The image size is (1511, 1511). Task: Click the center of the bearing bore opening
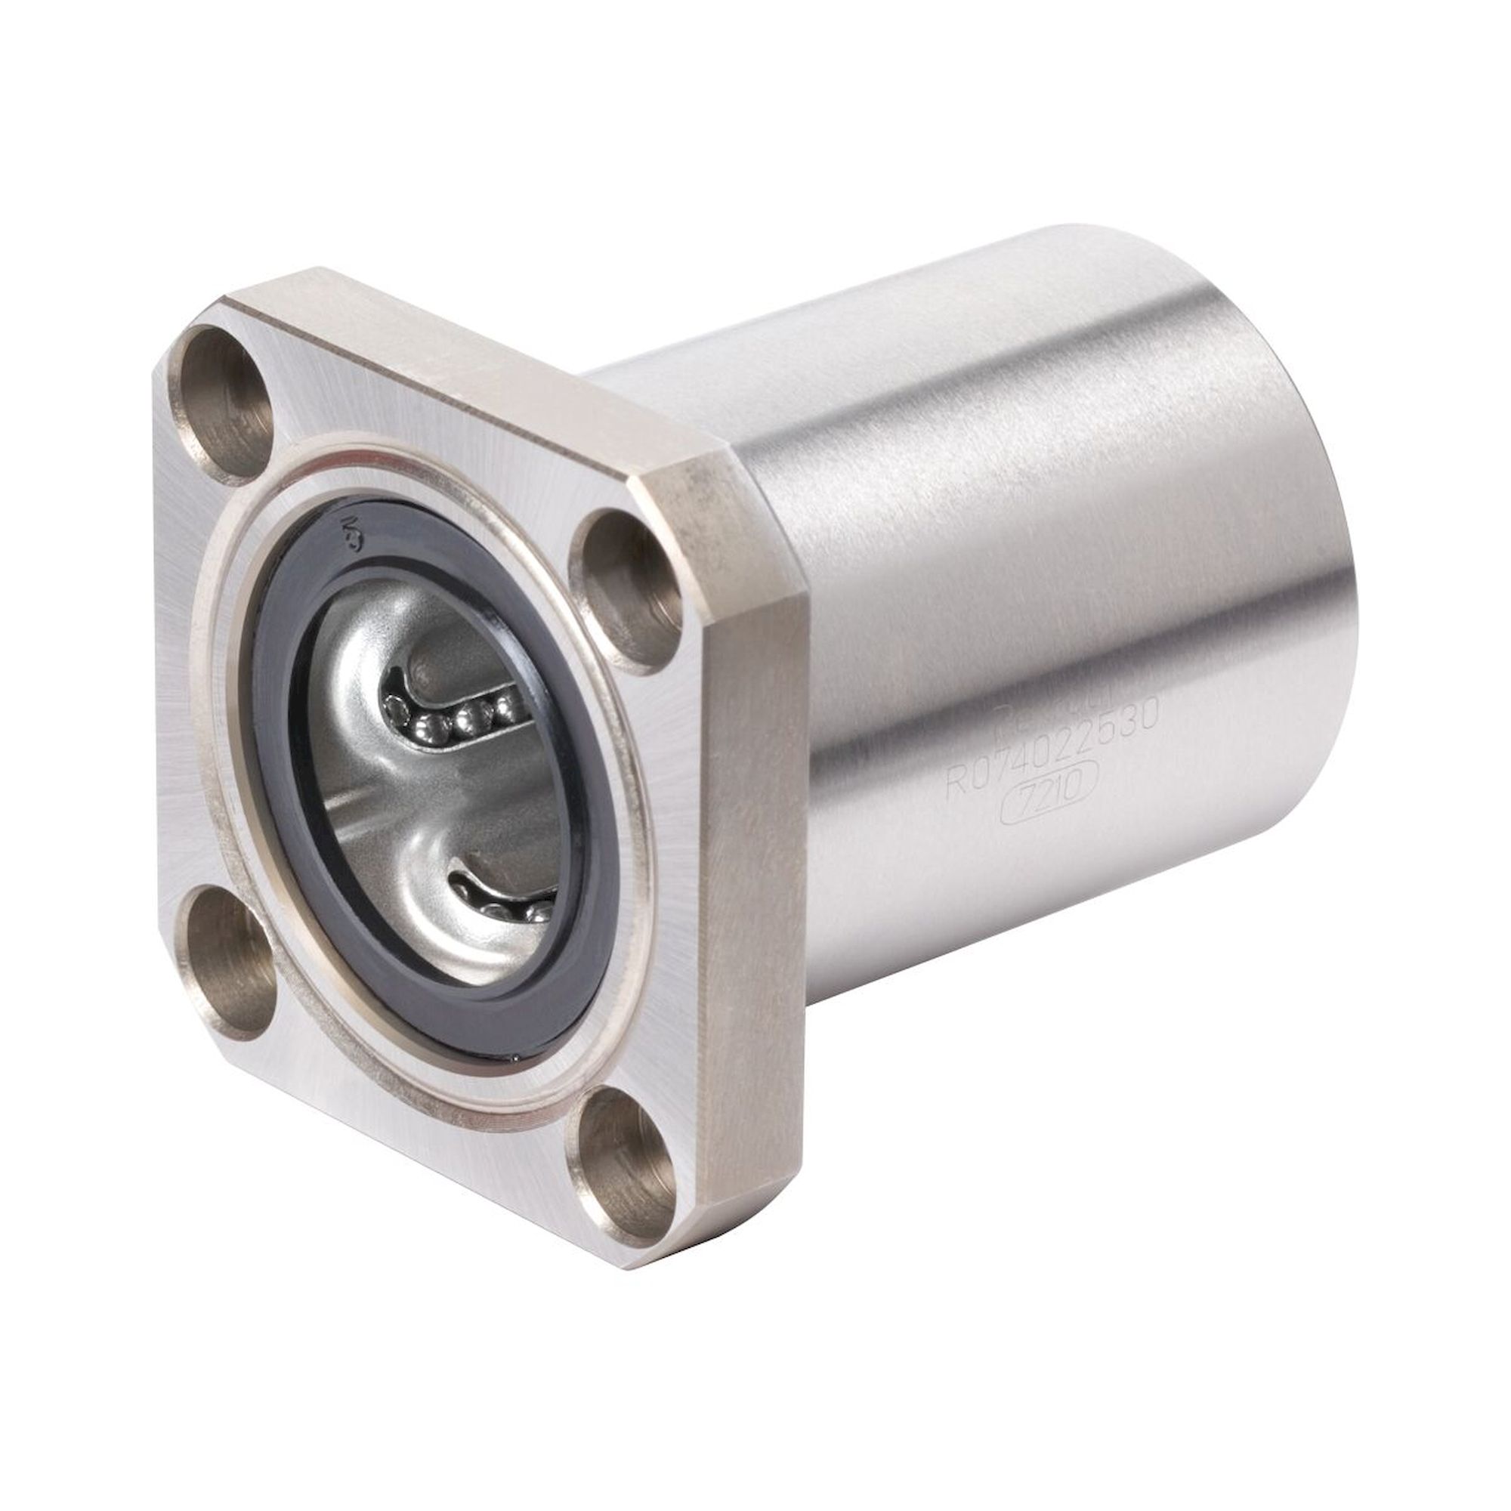(x=438, y=774)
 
